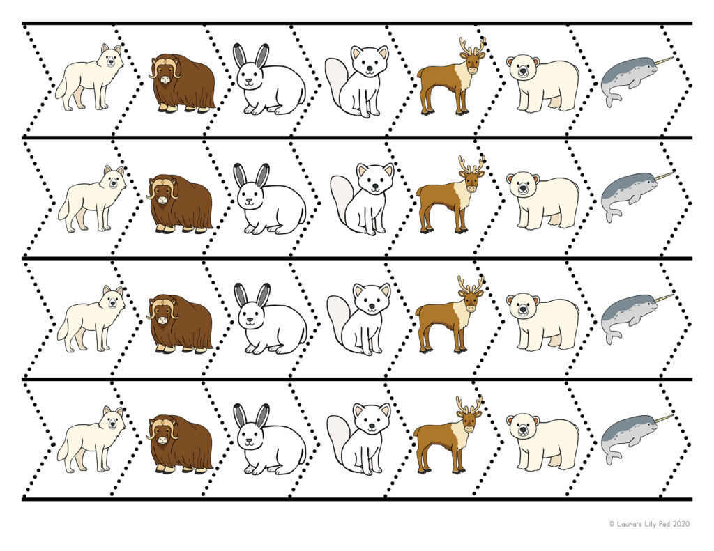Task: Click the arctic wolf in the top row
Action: [x=89, y=77]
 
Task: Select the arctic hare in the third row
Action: [x=268, y=320]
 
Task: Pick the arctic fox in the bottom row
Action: [x=360, y=438]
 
